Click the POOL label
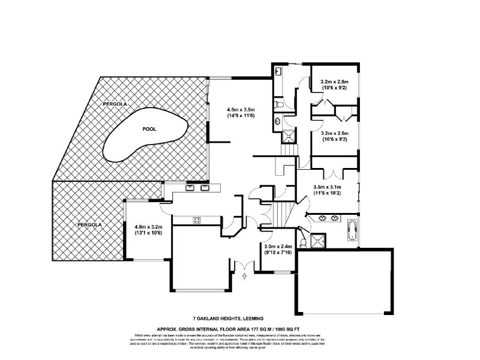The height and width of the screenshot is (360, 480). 149,129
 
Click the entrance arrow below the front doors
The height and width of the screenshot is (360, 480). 244,276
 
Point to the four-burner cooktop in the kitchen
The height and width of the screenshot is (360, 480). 196,220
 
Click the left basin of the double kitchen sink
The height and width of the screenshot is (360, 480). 190,187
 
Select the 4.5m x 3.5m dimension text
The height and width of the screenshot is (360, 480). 241,109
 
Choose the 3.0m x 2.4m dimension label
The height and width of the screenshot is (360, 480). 278,247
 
